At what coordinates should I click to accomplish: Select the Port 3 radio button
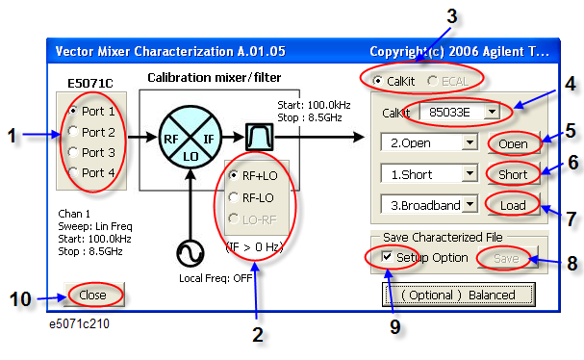coord(73,152)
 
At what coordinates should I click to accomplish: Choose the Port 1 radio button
coord(73,111)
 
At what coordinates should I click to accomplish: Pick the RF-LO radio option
coord(234,197)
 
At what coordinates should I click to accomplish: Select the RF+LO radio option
coord(234,175)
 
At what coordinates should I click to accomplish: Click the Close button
coord(93,295)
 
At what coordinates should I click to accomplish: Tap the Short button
coord(514,174)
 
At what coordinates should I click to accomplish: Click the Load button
coord(514,205)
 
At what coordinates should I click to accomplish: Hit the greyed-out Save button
coord(507,258)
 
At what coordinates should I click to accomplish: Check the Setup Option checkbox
coord(387,257)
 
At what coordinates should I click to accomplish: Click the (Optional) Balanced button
coord(459,295)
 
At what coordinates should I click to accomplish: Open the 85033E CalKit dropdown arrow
coord(492,112)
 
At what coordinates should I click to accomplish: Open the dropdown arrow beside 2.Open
coord(470,142)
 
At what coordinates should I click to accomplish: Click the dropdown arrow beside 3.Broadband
coord(470,204)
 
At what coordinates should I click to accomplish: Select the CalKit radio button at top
coord(377,81)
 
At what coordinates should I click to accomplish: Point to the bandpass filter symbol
coord(259,137)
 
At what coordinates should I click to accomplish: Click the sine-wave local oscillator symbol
coord(190,253)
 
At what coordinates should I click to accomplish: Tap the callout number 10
coord(20,299)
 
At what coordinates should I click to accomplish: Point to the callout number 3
coord(451,16)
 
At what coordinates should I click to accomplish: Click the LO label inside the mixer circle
coord(190,156)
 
